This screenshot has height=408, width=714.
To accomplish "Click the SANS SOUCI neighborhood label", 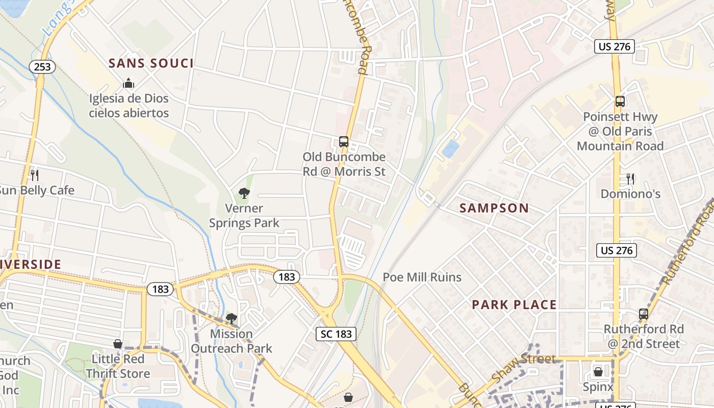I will [x=151, y=64].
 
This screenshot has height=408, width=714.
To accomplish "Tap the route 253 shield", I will [x=42, y=66].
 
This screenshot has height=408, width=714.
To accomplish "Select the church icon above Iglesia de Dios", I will [x=129, y=83].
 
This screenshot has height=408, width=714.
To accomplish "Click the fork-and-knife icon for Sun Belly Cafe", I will [x=35, y=175].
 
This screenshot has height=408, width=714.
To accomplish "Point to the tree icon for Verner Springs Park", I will [x=244, y=193].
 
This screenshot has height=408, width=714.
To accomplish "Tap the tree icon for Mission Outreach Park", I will [x=231, y=319].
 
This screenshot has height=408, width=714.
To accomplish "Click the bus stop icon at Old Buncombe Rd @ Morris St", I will [x=344, y=142].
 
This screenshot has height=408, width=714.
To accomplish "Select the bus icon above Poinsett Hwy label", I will [x=620, y=101].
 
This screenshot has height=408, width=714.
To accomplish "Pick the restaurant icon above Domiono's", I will [x=630, y=178].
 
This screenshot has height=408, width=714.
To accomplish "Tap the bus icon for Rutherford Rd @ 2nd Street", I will [x=644, y=314].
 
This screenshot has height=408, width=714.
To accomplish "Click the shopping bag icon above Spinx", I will [x=598, y=372].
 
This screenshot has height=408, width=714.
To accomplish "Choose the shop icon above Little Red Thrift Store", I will [x=118, y=344].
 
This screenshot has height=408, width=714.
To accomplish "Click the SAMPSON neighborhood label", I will [x=494, y=208].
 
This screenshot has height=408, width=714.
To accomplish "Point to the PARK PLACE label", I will [x=514, y=305].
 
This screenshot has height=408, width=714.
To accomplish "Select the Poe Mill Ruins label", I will [x=422, y=277].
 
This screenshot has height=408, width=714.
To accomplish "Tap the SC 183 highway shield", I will [x=336, y=335].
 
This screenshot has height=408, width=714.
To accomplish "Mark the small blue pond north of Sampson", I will [x=450, y=149].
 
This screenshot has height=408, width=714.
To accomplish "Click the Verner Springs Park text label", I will [x=244, y=216].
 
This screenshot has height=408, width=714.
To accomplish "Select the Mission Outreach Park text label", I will [x=231, y=341].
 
